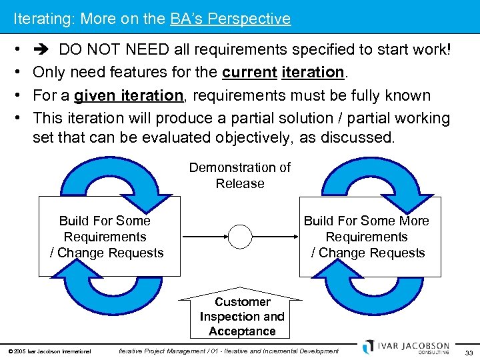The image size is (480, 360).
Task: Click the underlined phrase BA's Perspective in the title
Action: (230, 19)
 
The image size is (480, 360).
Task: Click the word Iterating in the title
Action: (43, 19)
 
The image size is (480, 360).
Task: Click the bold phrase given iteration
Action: (128, 95)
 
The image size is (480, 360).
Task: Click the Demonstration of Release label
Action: (240, 175)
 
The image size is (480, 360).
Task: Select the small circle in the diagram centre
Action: (240, 237)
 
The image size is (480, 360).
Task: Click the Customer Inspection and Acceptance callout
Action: (241, 316)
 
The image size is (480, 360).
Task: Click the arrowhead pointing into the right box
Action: (295, 237)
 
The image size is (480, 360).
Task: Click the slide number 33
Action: (469, 351)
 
